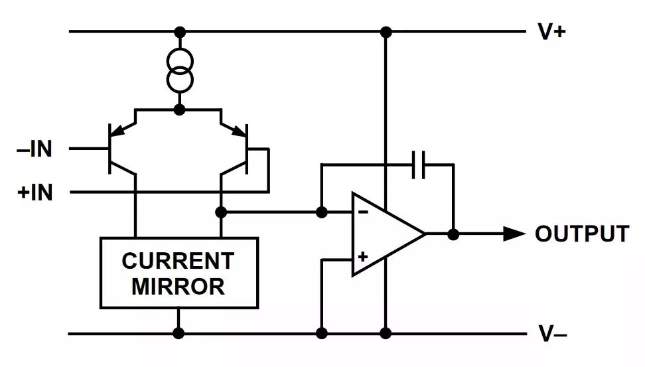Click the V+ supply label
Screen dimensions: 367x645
(551, 32)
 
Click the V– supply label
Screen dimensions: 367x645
(552, 334)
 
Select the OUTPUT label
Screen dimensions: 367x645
(581, 234)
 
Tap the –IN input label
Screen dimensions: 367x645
(34, 149)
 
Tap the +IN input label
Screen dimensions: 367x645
(35, 192)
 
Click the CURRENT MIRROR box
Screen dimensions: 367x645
(179, 273)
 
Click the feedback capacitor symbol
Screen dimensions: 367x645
(419, 165)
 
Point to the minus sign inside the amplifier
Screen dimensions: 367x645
(363, 212)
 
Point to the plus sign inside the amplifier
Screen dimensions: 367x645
(363, 256)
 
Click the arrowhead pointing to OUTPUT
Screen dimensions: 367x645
(514, 234)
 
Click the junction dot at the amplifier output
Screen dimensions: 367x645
(453, 234)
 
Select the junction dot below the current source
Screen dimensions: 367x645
(179, 110)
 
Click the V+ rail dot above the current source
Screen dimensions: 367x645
(179, 32)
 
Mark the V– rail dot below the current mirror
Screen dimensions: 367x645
(179, 333)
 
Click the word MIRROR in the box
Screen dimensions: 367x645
(179, 287)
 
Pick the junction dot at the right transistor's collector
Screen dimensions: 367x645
(222, 212)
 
